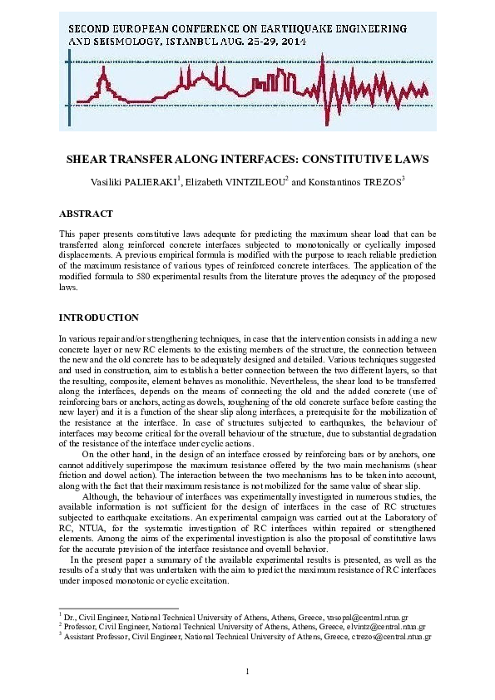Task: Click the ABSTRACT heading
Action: pos(86,214)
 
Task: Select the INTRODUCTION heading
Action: pos(98,318)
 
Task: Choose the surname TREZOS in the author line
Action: pos(380,181)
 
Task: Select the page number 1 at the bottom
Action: pos(248,671)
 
